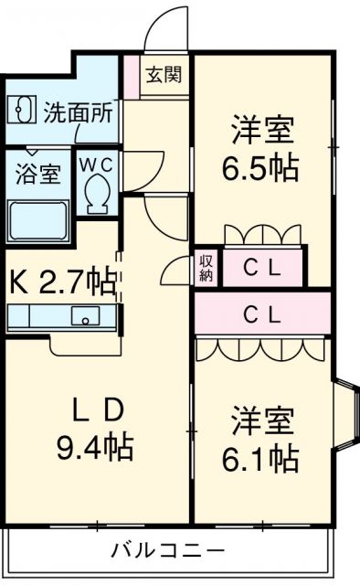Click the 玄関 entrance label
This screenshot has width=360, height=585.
point(164,75)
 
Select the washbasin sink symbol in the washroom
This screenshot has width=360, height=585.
point(22,110)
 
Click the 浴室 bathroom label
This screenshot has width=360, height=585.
point(38,174)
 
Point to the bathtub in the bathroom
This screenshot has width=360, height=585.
point(38,221)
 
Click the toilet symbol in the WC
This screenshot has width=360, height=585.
point(97,194)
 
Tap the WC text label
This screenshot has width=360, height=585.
point(97,165)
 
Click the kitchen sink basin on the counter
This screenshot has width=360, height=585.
point(86,315)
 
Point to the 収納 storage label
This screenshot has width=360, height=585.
point(206,268)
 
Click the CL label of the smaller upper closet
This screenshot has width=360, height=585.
point(262,268)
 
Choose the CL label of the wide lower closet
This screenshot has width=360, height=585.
point(262,315)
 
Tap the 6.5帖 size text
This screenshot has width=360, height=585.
point(260,167)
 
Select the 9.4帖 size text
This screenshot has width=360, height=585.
point(95,447)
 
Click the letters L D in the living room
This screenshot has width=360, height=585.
point(98,409)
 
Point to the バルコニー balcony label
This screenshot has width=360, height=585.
point(169,550)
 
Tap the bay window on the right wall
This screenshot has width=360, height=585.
point(347,414)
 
